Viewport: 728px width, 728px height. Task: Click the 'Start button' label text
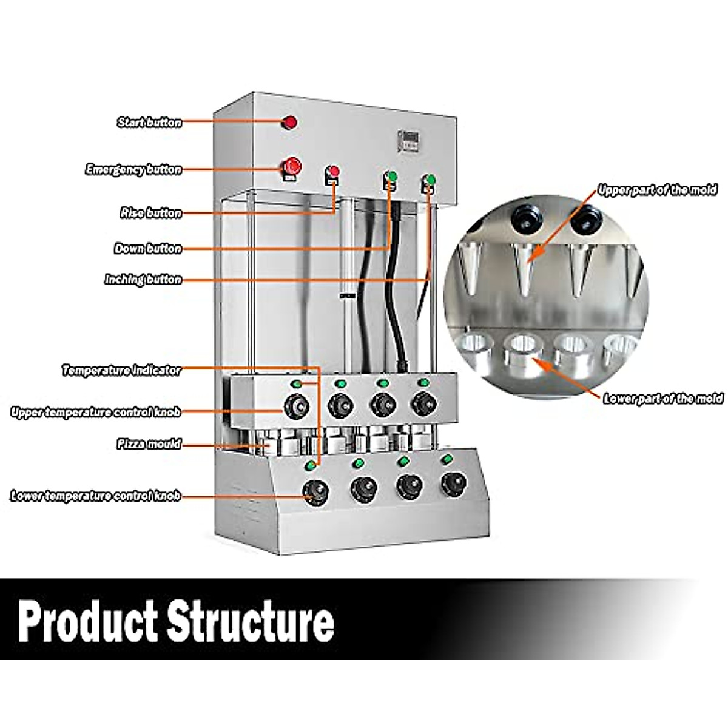149,123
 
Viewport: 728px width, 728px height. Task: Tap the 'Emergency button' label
133,169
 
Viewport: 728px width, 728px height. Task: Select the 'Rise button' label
150,213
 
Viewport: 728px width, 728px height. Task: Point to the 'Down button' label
148,249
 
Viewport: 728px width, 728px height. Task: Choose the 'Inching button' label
143,280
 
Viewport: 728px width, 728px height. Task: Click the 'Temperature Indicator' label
121,370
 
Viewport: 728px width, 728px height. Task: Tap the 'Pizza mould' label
149,444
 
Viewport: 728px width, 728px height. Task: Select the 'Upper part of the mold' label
657,190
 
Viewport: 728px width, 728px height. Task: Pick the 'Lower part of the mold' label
662,399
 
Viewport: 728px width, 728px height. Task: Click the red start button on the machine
290,123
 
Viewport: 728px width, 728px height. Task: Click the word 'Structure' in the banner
251,620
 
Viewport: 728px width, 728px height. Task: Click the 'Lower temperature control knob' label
96,496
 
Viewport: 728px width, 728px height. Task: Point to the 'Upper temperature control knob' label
96,413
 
